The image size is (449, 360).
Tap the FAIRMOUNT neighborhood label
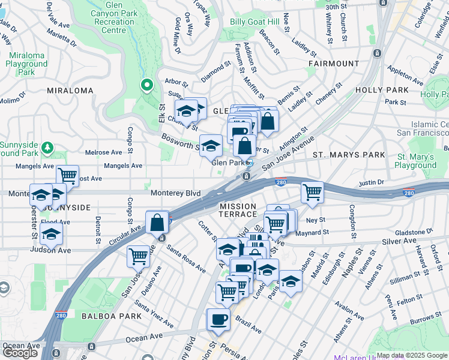[334, 63]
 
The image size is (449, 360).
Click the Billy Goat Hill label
[255, 22]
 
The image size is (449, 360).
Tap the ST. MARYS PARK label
[349, 155]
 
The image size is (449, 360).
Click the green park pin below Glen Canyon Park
[146, 86]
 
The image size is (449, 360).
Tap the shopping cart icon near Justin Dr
[312, 193]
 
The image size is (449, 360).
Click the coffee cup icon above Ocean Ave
[217, 319]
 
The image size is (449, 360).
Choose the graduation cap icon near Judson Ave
[52, 233]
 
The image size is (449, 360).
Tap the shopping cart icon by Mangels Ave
[68, 176]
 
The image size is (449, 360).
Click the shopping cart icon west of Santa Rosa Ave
[138, 256]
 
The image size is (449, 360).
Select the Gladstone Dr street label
[413, 231]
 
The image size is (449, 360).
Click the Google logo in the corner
[20, 353]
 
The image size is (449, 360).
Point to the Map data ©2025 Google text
[412, 355]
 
